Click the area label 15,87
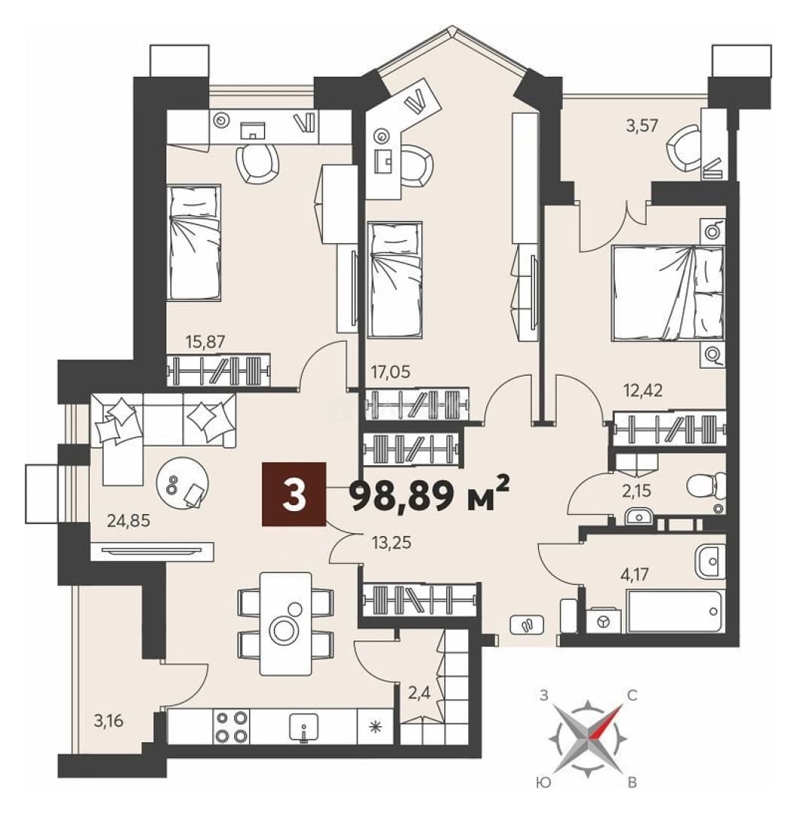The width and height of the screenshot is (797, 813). tap(205, 343)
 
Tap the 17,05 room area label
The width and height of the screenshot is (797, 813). tap(390, 372)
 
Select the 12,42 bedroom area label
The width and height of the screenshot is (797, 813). tap(643, 391)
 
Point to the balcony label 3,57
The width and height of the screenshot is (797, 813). tap(641, 126)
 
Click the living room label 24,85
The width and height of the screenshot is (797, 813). tap(129, 521)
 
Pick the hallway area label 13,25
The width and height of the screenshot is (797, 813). tap(391, 543)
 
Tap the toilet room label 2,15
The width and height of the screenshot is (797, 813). tap(637, 491)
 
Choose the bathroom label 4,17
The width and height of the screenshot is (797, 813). tap(634, 575)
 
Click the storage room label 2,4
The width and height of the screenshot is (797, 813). tap(418, 693)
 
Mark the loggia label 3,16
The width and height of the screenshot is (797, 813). tap(109, 721)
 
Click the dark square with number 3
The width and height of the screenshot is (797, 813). tap(294, 494)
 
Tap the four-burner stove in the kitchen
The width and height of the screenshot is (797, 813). tap(231, 727)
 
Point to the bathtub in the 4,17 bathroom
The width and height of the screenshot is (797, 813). tap(674, 612)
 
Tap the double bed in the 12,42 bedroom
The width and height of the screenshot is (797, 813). tap(668, 294)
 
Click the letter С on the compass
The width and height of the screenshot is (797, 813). tap(632, 696)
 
